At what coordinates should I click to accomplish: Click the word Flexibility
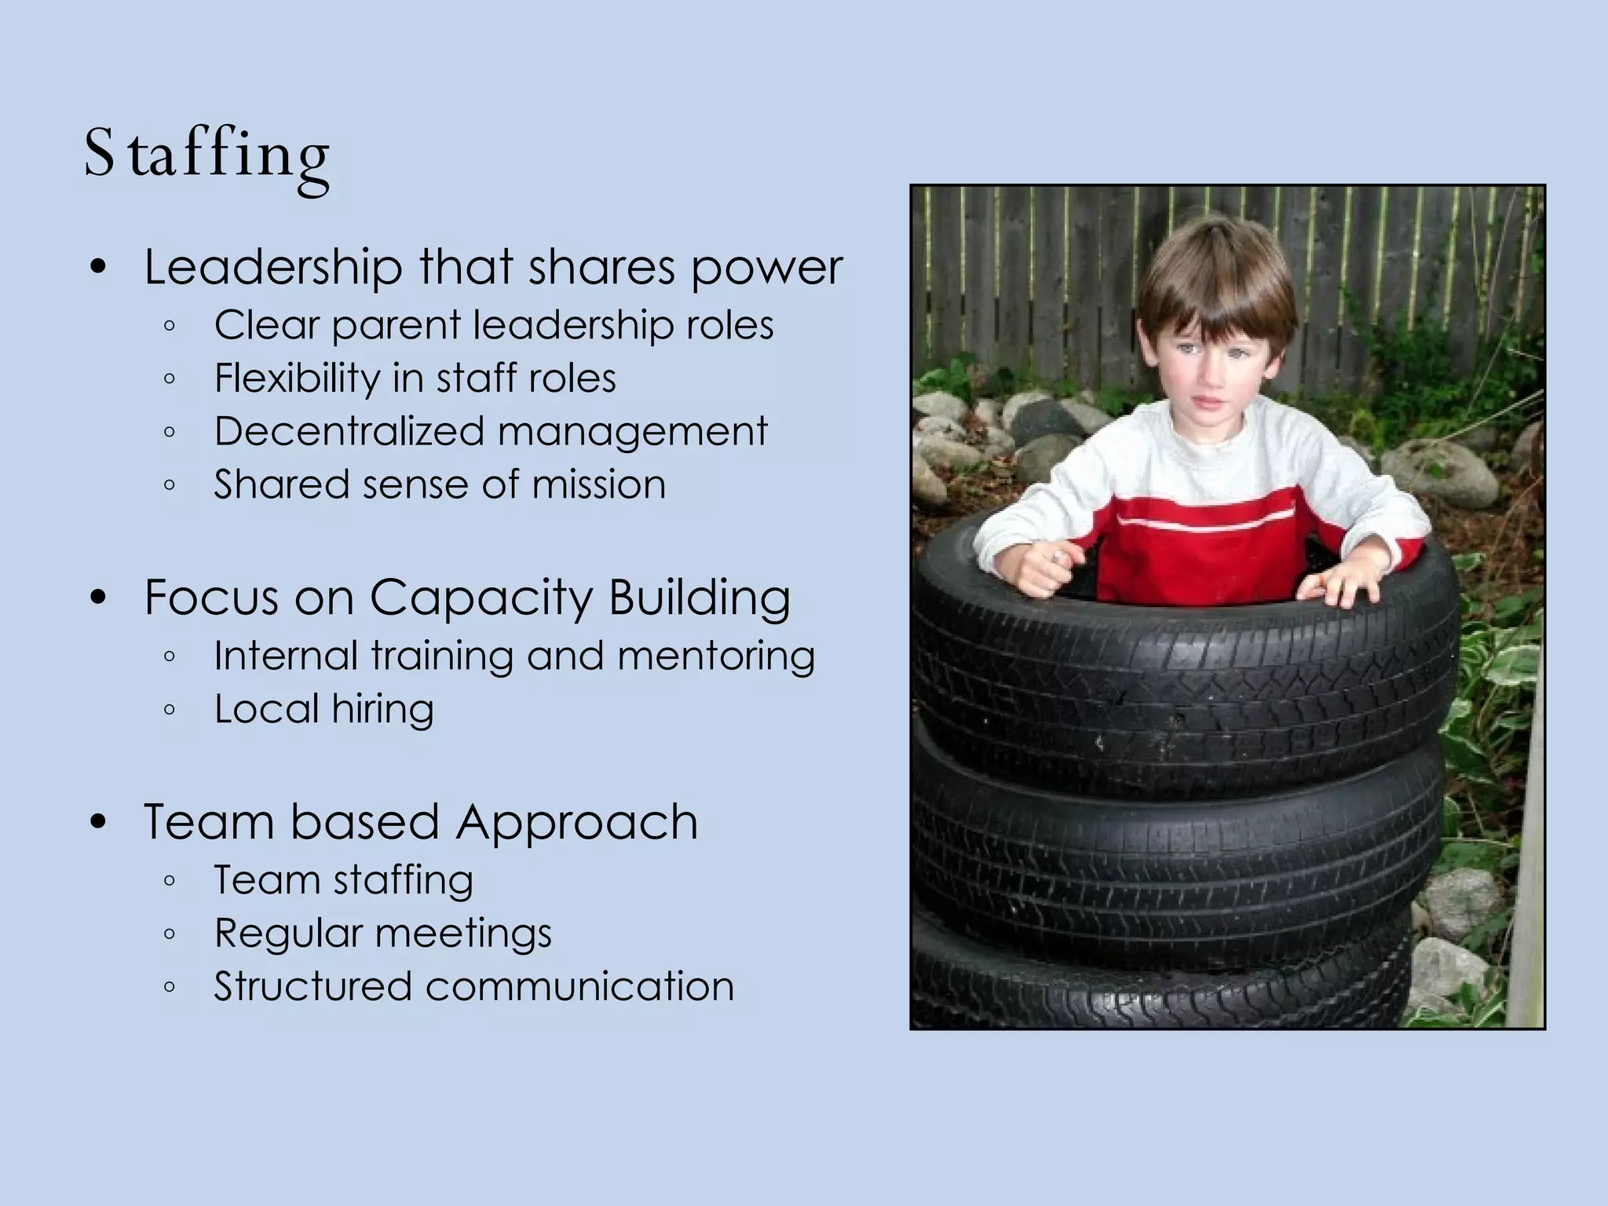(296, 378)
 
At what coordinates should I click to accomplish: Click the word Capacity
(481, 599)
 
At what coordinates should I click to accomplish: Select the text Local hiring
(323, 709)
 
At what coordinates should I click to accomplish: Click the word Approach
(577, 823)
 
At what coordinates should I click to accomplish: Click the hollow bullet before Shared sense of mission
(170, 485)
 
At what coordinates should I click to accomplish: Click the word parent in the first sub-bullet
(396, 326)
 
